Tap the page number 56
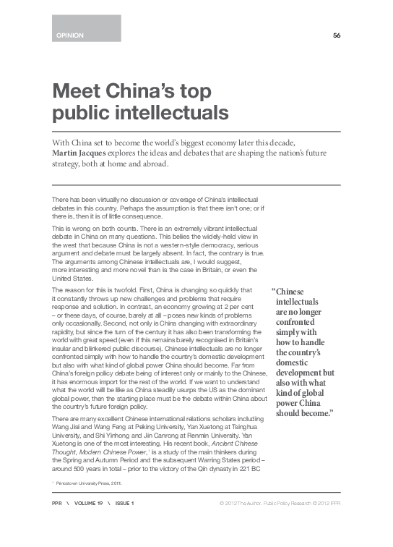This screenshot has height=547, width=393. [337, 35]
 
